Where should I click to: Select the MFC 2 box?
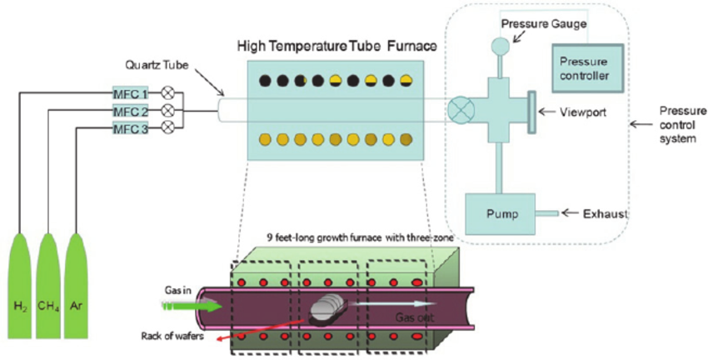[x=130, y=110]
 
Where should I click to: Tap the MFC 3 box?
[x=130, y=127]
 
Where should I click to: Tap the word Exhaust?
[x=601, y=214]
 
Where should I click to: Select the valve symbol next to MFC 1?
[x=167, y=92]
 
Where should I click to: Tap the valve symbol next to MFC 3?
[x=167, y=127]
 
